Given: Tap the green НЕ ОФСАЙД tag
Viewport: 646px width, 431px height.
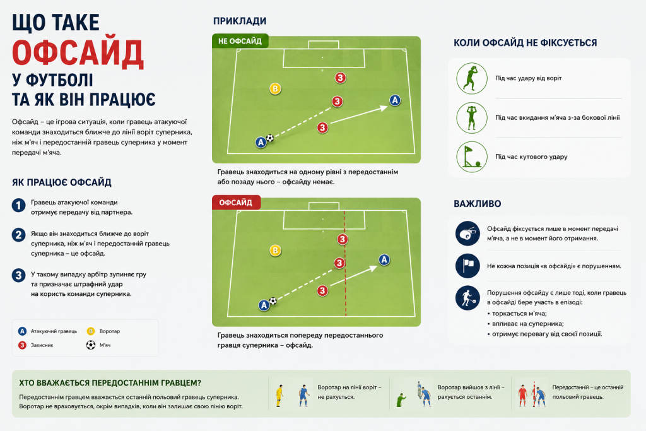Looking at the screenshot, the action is click(240, 41).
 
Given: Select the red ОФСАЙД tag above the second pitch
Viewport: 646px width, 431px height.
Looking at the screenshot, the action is click(236, 203).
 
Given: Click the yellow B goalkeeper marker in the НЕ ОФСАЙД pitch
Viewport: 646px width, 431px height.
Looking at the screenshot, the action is click(275, 88).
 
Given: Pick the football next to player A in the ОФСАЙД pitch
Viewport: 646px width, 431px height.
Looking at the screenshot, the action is click(273, 301).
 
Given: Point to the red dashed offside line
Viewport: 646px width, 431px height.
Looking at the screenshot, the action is click(345, 264).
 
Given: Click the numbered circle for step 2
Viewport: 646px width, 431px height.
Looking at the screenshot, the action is click(18, 235).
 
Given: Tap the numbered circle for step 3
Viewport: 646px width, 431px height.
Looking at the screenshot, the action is click(18, 275).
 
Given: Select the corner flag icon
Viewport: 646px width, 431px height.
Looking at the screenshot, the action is click(472, 157).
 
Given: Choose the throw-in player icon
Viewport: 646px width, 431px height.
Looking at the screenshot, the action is click(472, 118).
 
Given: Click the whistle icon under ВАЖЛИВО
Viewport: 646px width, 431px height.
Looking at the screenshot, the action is click(467, 233).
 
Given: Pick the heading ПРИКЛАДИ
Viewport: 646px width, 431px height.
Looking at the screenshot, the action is click(240, 21).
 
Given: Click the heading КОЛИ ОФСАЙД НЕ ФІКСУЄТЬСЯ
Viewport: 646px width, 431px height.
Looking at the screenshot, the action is click(526, 43).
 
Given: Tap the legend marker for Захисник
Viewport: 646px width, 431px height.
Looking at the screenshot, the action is click(22, 345).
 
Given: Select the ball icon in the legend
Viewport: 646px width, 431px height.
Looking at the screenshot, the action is click(91, 345).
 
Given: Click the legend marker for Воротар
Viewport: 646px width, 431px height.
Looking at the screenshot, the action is click(91, 331).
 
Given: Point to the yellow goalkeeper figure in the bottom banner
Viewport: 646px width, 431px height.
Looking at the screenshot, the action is click(279, 396).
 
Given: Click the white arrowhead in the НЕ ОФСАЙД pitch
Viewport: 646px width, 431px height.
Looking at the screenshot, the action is click(383, 108).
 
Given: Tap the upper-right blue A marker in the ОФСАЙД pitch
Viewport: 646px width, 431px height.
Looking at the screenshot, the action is click(384, 260).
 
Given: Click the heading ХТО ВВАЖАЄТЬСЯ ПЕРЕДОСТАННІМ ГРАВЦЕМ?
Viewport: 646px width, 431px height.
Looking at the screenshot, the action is click(110, 383).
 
